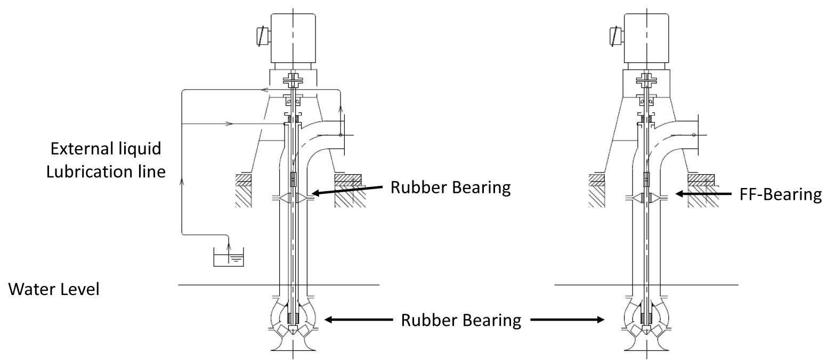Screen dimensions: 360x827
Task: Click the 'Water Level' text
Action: pos(53,291)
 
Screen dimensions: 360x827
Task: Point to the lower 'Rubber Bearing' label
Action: pos(461,320)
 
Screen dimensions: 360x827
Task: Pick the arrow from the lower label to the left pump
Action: pos(359,320)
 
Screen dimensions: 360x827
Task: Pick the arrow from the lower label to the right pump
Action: pos(568,320)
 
